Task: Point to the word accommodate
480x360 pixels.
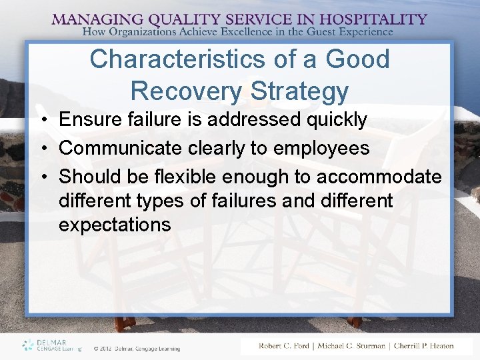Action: [379, 177]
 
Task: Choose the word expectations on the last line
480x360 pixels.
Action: [115, 225]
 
